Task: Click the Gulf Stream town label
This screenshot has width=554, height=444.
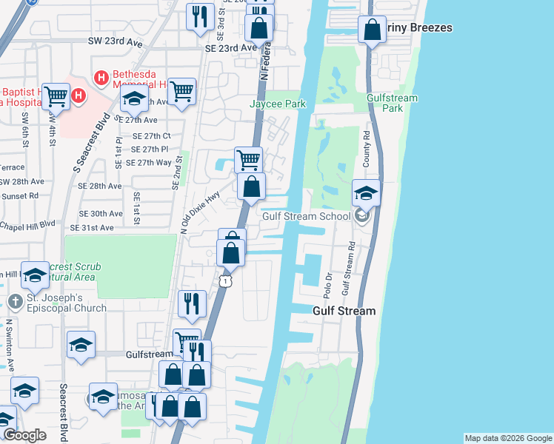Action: coord(344,312)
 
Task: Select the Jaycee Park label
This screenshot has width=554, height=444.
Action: coord(278,104)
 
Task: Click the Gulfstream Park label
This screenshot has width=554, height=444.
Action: coord(393,103)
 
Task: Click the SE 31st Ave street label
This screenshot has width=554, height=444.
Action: coord(92,228)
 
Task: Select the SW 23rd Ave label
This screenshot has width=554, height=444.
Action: coord(115,44)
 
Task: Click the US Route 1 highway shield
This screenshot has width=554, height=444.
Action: coord(226,281)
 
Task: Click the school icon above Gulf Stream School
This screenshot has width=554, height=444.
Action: coord(366,194)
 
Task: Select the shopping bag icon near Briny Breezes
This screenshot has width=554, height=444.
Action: coord(372,31)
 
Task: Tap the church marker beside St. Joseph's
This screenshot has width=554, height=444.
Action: coord(16,302)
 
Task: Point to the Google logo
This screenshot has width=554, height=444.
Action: coord(24,435)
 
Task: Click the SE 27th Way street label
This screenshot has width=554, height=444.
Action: coord(148,163)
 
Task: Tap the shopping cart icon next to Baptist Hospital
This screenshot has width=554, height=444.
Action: coord(56,96)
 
